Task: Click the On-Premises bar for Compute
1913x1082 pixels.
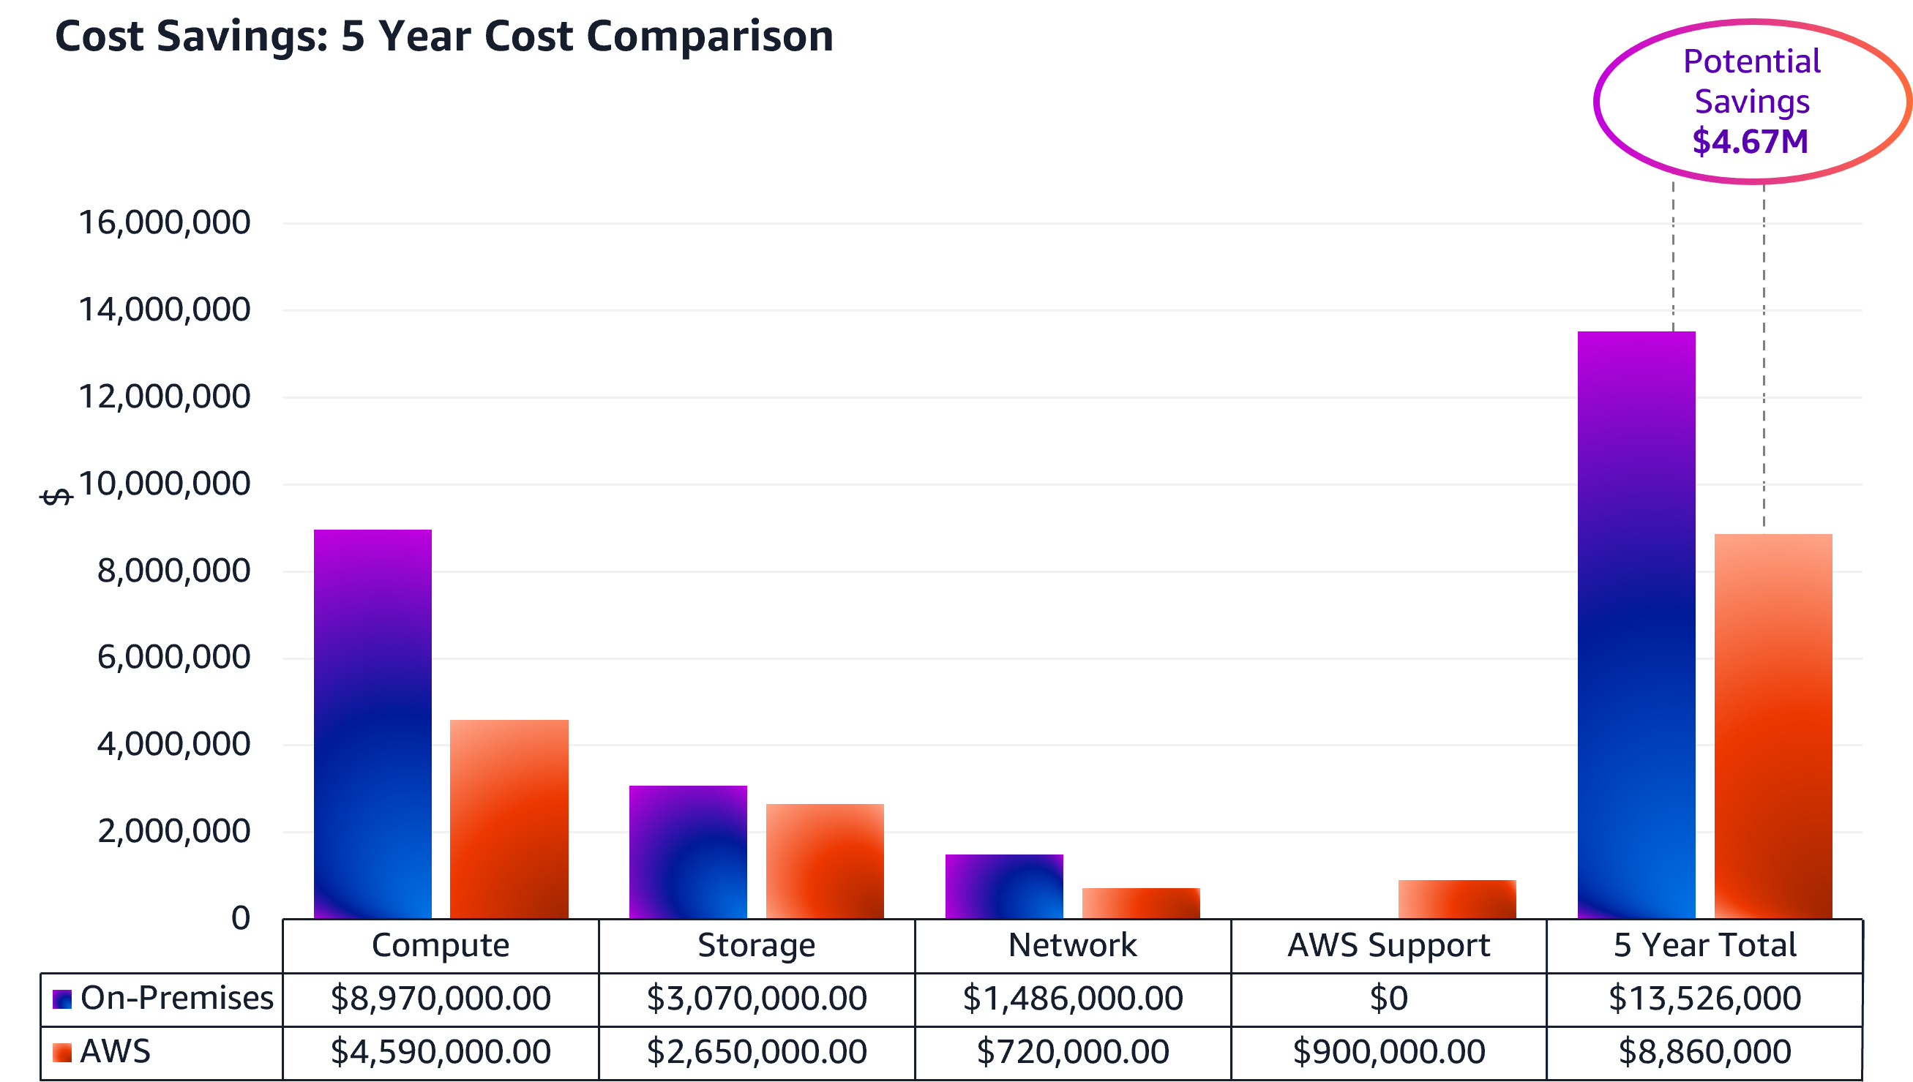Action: [x=373, y=724]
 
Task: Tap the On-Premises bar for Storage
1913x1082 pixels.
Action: [x=688, y=852]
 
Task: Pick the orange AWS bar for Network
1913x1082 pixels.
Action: [x=1141, y=903]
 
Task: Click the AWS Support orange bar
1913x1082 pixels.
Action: [x=1456, y=899]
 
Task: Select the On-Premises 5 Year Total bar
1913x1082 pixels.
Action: [x=1636, y=624]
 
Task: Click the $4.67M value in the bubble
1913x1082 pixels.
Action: [x=1751, y=141]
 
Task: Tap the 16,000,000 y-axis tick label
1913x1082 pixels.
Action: [x=164, y=222]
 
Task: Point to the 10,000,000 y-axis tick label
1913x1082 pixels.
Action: [x=164, y=484]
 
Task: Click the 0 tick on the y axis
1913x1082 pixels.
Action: [x=240, y=919]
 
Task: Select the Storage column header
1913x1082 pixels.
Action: [x=757, y=945]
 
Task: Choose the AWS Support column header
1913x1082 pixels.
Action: [x=1388, y=945]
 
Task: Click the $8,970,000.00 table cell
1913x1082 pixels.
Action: [x=441, y=998]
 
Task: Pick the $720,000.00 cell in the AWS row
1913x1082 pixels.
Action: [x=1072, y=1051]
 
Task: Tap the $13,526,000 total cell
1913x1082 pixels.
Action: [x=1704, y=998]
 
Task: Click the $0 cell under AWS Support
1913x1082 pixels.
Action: [x=1388, y=998]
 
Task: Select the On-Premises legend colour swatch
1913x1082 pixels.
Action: [x=62, y=999]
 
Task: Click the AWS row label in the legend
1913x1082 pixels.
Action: [x=115, y=1051]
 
